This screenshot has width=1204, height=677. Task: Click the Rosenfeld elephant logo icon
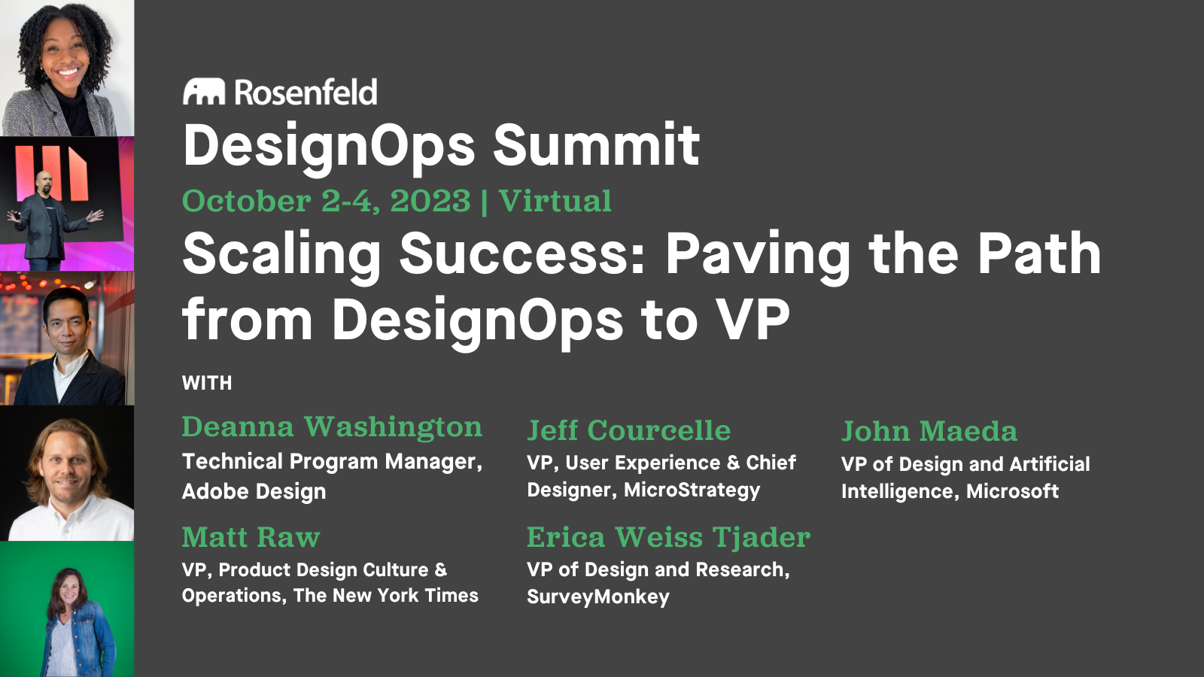point(204,92)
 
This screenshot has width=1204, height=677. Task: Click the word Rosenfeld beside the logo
point(306,93)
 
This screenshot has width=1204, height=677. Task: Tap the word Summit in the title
point(596,145)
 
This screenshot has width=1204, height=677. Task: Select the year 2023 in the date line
point(430,201)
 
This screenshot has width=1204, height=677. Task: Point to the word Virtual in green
point(555,201)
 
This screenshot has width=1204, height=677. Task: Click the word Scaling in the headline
point(281,254)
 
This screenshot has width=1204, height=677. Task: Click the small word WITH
point(207,383)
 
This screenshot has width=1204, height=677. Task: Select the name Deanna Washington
point(332,427)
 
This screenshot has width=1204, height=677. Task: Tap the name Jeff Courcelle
point(628,430)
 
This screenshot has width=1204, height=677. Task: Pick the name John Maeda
point(929,431)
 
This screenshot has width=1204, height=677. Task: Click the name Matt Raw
point(251,537)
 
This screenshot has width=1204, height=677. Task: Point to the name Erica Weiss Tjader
point(668,537)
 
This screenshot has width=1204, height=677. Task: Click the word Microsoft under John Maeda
point(1012,491)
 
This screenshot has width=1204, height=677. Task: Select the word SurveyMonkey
point(598,597)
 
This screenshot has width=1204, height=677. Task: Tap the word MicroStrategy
point(692,490)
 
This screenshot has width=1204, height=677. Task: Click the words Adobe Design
point(254,491)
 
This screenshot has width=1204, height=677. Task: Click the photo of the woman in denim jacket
point(67,609)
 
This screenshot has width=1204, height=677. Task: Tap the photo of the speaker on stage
point(67,204)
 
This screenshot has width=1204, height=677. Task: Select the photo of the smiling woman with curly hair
point(67,68)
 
